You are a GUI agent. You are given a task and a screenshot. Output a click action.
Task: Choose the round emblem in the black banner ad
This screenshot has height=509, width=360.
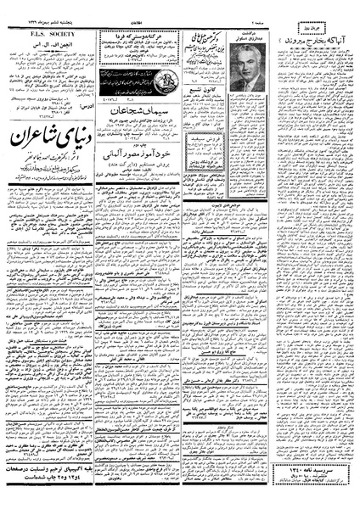pos(106,76)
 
